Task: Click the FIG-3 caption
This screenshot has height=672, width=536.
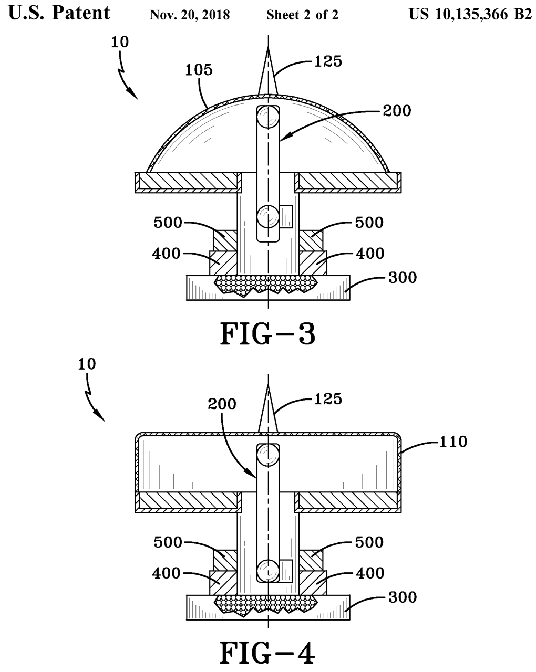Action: (267, 334)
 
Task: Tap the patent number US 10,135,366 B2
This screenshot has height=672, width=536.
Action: (470, 14)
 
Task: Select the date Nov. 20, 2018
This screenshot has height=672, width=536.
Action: (190, 15)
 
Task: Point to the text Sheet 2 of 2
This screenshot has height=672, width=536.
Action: (302, 15)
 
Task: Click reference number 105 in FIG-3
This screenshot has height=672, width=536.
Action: (199, 70)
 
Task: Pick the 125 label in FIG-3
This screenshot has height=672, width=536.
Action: (328, 61)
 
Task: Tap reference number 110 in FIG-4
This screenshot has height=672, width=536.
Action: (453, 442)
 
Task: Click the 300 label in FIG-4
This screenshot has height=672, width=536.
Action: (403, 597)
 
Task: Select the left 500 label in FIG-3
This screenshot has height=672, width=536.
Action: (168, 223)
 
